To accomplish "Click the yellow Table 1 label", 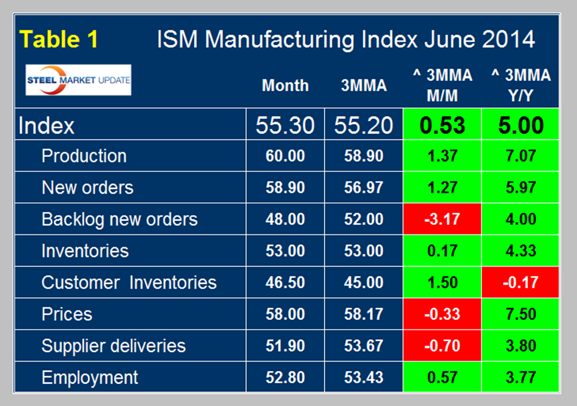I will tap(59, 40).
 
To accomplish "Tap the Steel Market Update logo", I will tap(78, 80).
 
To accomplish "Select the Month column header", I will tap(285, 86).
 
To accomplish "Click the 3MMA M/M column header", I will tap(442, 86).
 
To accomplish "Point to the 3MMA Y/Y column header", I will tap(521, 86).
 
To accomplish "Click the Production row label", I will tap(84, 156).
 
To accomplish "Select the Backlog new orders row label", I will tap(119, 219).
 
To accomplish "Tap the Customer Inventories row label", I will tap(129, 283).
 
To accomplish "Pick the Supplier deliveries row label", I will tap(114, 345).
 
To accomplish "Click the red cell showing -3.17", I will tap(442, 219).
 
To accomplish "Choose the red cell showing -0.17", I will tap(521, 283).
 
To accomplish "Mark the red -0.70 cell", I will tap(442, 345).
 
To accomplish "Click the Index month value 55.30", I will tap(285, 125).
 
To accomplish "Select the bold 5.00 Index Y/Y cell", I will tap(521, 125).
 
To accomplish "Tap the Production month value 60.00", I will tap(285, 156).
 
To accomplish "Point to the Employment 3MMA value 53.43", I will tap(364, 377).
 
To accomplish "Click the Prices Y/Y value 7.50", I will tap(521, 314).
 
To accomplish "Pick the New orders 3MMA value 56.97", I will tap(364, 188).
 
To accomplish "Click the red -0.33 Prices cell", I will tap(442, 314).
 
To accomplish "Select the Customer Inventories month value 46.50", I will tap(285, 283).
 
